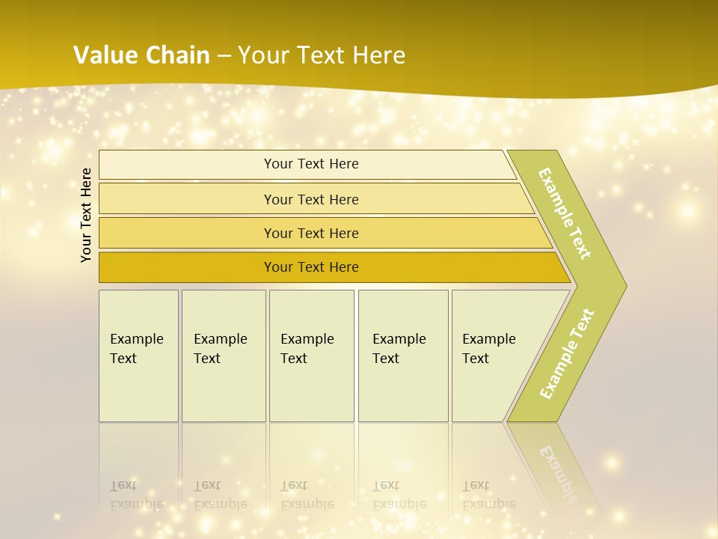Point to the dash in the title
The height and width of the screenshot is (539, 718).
[x=224, y=55]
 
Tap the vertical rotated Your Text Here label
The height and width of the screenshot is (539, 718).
[x=86, y=215]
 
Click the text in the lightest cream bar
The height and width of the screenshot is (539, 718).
[x=311, y=164]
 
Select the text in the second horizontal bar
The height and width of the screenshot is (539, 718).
[x=311, y=199]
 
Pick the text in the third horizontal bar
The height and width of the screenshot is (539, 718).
[x=311, y=233]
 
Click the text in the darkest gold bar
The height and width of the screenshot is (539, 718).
[x=311, y=267]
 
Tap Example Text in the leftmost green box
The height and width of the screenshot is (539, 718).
[x=136, y=349]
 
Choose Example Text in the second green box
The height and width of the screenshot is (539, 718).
[x=220, y=349]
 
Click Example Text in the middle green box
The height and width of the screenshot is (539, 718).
[x=307, y=349]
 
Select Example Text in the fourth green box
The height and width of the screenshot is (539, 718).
[x=399, y=349]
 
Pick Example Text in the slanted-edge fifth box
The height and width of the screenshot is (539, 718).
[x=488, y=349]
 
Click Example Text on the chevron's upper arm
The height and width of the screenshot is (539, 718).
[x=565, y=213]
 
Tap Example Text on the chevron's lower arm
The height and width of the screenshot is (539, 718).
[x=567, y=354]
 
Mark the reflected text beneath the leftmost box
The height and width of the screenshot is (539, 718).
[x=136, y=495]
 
